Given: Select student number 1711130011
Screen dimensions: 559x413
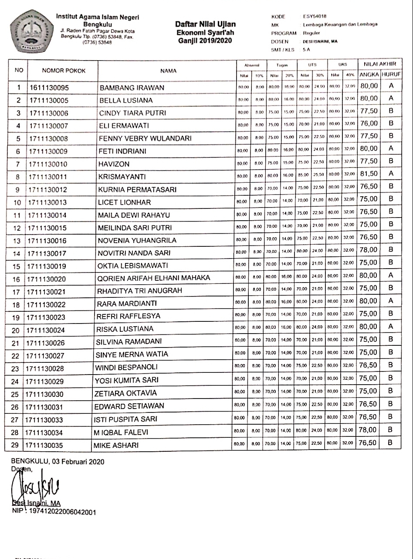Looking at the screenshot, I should (x=49, y=177).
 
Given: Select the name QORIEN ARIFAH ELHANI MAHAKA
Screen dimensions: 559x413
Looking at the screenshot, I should (x=154, y=278).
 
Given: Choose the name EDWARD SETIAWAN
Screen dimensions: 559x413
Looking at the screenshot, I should (x=130, y=406).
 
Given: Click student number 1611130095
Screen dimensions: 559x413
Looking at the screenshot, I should (x=49, y=88).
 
